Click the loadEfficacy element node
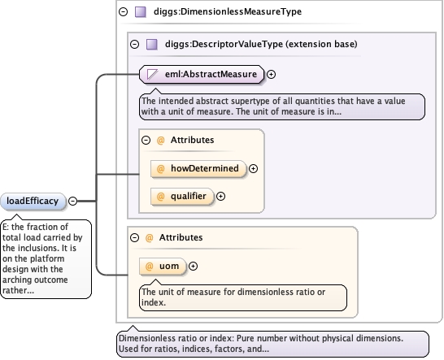tap(33, 202)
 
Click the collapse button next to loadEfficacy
tap(72, 201)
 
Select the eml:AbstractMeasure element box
tap(202, 75)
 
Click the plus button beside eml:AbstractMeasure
tap(272, 74)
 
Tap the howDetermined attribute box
tap(198, 169)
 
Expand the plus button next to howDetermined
tap(253, 169)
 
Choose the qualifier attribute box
tap(182, 197)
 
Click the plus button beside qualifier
tap(220, 196)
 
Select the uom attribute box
tap(163, 267)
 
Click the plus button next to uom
tap(193, 266)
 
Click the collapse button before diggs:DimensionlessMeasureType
tap(123, 11)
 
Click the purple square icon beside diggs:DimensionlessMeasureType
tap(141, 12)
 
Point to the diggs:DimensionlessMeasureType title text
tap(228, 11)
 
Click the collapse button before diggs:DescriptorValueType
tap(134, 44)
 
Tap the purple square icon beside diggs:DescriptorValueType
tap(152, 45)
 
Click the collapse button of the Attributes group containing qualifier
tap(146, 140)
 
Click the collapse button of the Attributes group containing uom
tap(134, 237)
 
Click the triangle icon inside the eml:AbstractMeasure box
tap(152, 75)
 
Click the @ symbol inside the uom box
tap(149, 266)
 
